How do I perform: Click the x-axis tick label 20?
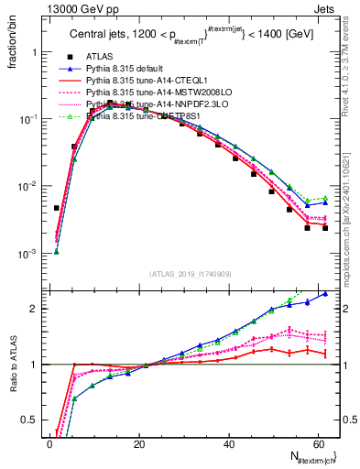(x=138, y=444)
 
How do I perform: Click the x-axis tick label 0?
(x=49, y=444)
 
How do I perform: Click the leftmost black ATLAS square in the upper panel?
(x=56, y=208)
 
